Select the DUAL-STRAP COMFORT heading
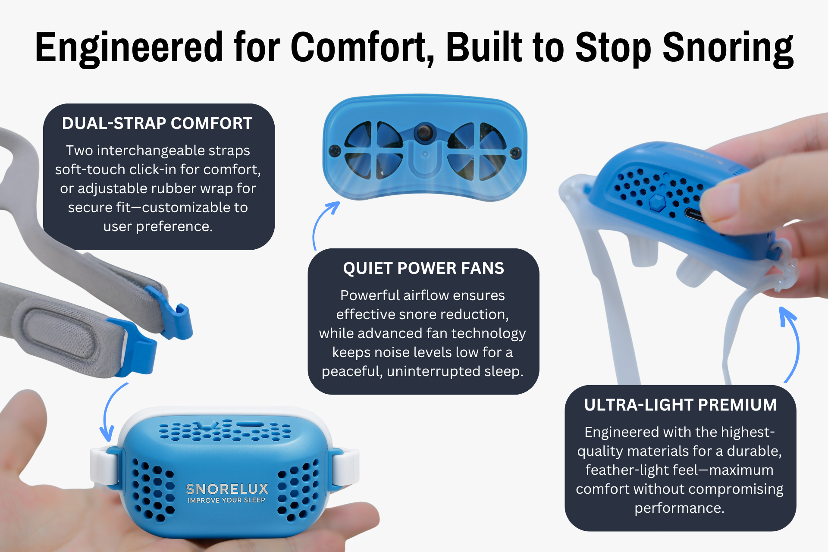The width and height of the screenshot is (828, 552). (x=157, y=123)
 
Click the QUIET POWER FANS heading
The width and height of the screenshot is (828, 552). (x=423, y=268)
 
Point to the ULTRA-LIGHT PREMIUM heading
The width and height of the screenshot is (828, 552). (x=681, y=405)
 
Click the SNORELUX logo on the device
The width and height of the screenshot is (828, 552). (x=227, y=489)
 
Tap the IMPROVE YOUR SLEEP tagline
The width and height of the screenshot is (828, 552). (x=226, y=500)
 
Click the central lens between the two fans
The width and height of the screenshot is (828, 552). (x=425, y=132)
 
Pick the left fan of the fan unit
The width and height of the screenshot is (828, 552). (x=373, y=150)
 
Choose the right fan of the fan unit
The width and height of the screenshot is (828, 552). (x=477, y=151)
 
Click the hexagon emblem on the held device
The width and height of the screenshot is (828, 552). (x=657, y=202)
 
